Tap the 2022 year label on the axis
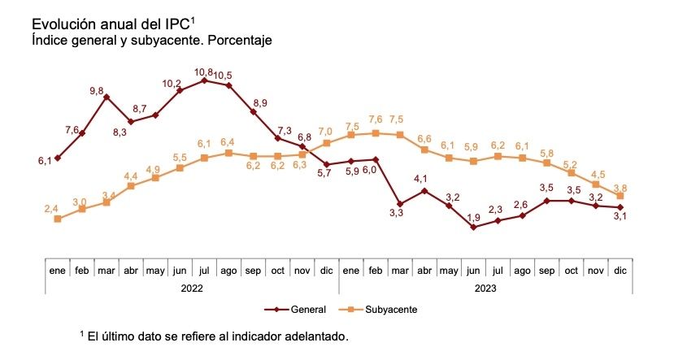pos(192,287)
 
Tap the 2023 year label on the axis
pos(485,287)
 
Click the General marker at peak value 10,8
pos(204,80)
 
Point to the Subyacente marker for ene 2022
pos(57,219)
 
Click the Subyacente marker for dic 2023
pos(620,196)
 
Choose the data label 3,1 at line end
pos(620,216)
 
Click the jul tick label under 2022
pos(204,269)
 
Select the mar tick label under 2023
pos(400,269)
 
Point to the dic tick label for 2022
pos(326,269)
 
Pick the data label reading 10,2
pos(172,84)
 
